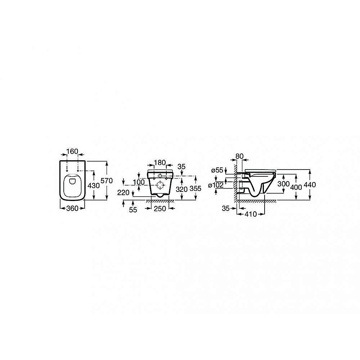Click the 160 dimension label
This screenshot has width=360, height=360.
[x=72, y=152]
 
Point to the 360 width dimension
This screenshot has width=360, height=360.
[x=72, y=209]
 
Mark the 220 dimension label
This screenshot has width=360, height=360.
[x=123, y=193]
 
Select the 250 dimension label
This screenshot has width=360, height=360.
[x=161, y=209]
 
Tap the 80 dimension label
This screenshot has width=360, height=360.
[x=239, y=157]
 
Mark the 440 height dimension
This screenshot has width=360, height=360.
[x=310, y=184]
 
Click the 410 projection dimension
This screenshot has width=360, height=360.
[x=250, y=214]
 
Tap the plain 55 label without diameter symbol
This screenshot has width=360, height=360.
[x=133, y=210]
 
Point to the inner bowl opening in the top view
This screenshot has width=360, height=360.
[x=72, y=185]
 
